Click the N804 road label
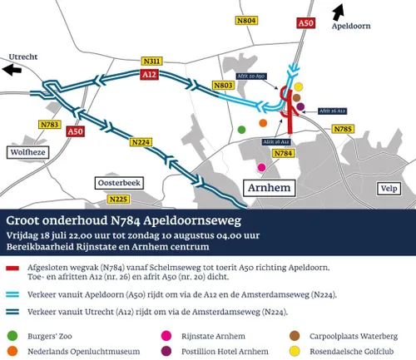246,19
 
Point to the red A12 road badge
149,75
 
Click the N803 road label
223,85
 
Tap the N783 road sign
50,125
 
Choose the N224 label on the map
140,143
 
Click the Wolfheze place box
28,152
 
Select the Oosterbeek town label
121,181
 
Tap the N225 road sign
117,199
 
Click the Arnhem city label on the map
268,189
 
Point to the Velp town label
386,188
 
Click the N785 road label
343,129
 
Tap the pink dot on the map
262,168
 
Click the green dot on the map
241,129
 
